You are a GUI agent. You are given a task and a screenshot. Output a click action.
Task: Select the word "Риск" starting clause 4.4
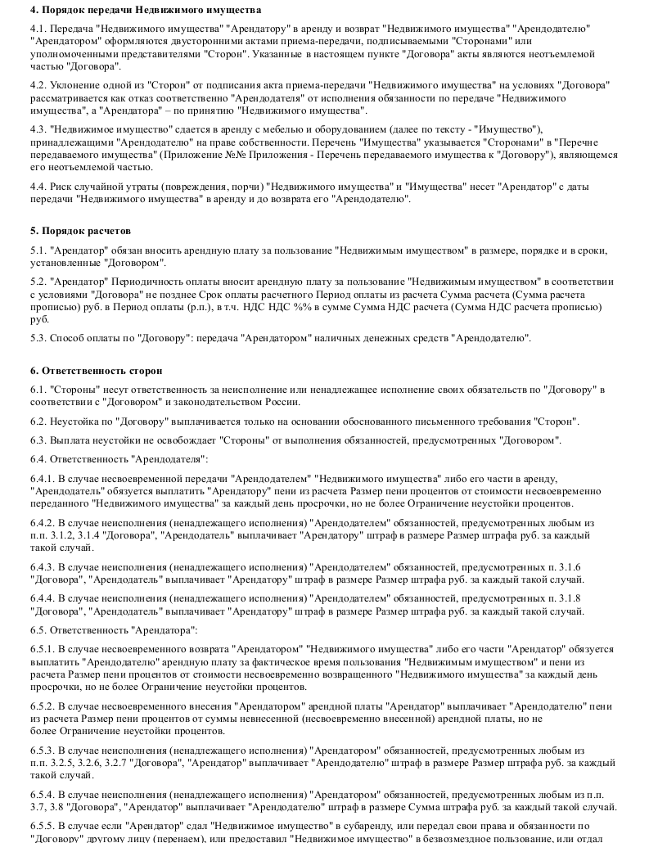[64, 186]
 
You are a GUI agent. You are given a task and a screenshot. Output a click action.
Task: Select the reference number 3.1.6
[568, 566]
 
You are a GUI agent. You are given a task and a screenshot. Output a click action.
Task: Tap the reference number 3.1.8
[568, 598]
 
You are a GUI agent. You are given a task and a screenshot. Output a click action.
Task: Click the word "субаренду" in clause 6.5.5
[381, 826]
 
